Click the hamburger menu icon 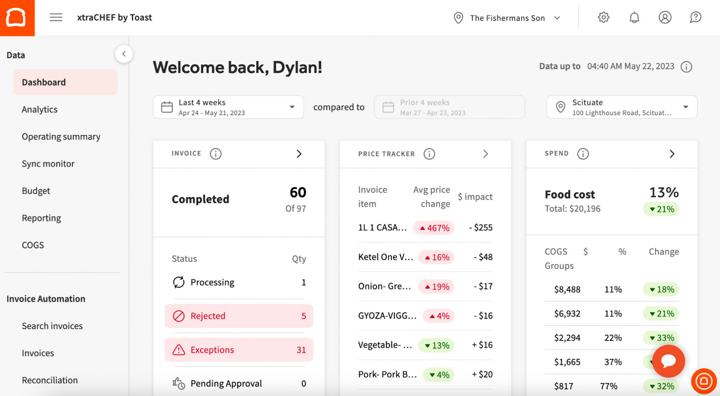click(x=56, y=17)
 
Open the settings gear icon click(x=603, y=17)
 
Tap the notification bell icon click(x=634, y=17)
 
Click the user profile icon click(x=665, y=17)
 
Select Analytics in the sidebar click(x=39, y=109)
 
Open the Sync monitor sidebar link click(x=48, y=164)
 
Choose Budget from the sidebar click(x=36, y=191)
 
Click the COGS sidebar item click(x=33, y=245)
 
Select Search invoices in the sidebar click(x=52, y=326)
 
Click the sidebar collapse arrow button click(x=124, y=54)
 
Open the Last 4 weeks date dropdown click(x=228, y=107)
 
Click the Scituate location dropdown click(x=622, y=107)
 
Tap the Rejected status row click(x=239, y=316)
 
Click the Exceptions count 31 click(x=301, y=350)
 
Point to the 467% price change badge click(x=434, y=228)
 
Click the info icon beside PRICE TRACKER click(x=429, y=154)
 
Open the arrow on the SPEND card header click(x=672, y=154)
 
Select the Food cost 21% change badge click(x=662, y=209)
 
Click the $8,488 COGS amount click(x=567, y=289)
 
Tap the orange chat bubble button click(x=669, y=361)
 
